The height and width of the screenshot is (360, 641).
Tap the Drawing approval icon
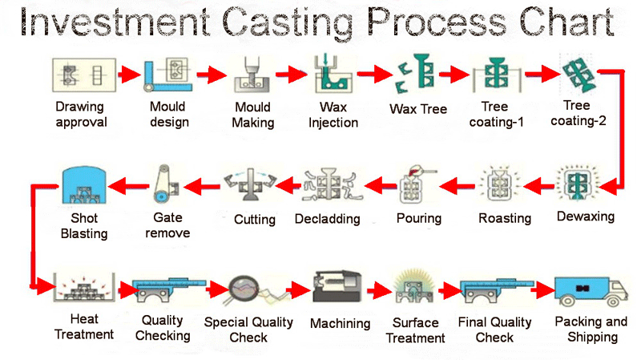click(84, 75)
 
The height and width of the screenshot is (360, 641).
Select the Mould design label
click(169, 114)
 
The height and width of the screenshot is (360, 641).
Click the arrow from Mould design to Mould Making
click(212, 75)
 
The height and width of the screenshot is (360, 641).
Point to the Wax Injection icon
click(333, 74)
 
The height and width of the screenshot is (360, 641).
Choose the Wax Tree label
click(418, 109)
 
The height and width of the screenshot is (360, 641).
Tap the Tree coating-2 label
click(578, 113)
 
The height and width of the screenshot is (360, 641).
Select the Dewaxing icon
click(577, 184)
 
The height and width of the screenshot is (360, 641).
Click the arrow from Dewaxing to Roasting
click(538, 187)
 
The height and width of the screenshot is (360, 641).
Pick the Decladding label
click(328, 219)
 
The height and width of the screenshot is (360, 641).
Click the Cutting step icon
click(251, 184)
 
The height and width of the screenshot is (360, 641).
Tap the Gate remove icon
click(166, 184)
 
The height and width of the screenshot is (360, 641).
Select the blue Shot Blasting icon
click(84, 185)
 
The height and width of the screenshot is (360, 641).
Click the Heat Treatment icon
click(85, 287)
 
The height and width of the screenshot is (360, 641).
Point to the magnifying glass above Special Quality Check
click(244, 289)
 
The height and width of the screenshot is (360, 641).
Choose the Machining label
click(340, 324)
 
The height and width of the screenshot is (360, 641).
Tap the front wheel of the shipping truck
click(612, 301)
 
